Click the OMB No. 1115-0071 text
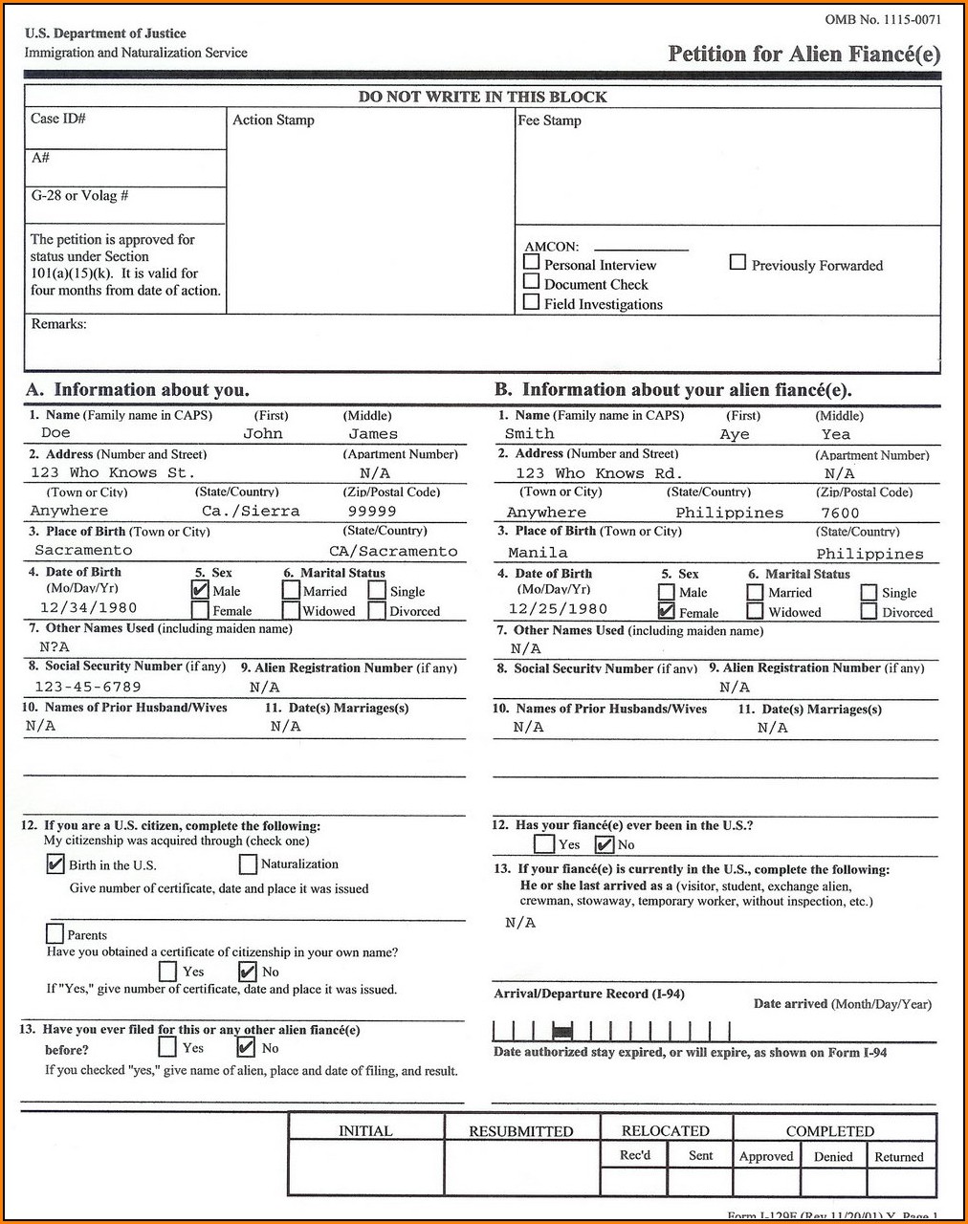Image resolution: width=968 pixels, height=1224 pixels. tap(882, 19)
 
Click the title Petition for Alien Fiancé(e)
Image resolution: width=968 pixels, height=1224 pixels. tap(803, 55)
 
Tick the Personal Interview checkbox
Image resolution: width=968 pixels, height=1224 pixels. tap(532, 261)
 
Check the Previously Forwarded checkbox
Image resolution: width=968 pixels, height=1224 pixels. tap(737, 261)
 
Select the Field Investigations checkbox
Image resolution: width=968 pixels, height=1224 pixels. tap(532, 302)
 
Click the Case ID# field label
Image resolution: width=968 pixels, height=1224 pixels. tap(58, 119)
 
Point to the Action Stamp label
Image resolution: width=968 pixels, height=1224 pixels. tap(273, 120)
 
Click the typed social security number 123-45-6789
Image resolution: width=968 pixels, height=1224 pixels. tap(87, 687)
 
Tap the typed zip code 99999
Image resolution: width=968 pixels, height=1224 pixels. tap(371, 512)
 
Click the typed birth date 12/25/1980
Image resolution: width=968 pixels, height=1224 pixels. tap(558, 609)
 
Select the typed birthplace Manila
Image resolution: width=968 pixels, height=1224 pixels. tap(538, 553)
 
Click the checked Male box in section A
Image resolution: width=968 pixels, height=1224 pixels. tap(200, 590)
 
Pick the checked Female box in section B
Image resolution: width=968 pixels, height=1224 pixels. tap(667, 611)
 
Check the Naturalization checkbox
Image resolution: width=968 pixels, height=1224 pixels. tap(248, 864)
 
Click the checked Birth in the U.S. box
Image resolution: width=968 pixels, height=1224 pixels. tap(55, 864)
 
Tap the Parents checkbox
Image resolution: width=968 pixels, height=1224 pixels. tap(55, 932)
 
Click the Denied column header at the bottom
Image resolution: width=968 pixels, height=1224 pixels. tap(833, 1156)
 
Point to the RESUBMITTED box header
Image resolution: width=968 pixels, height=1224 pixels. tap(520, 1131)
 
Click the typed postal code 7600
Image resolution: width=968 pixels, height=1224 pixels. tap(840, 514)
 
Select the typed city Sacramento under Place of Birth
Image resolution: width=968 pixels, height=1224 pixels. tap(83, 551)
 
